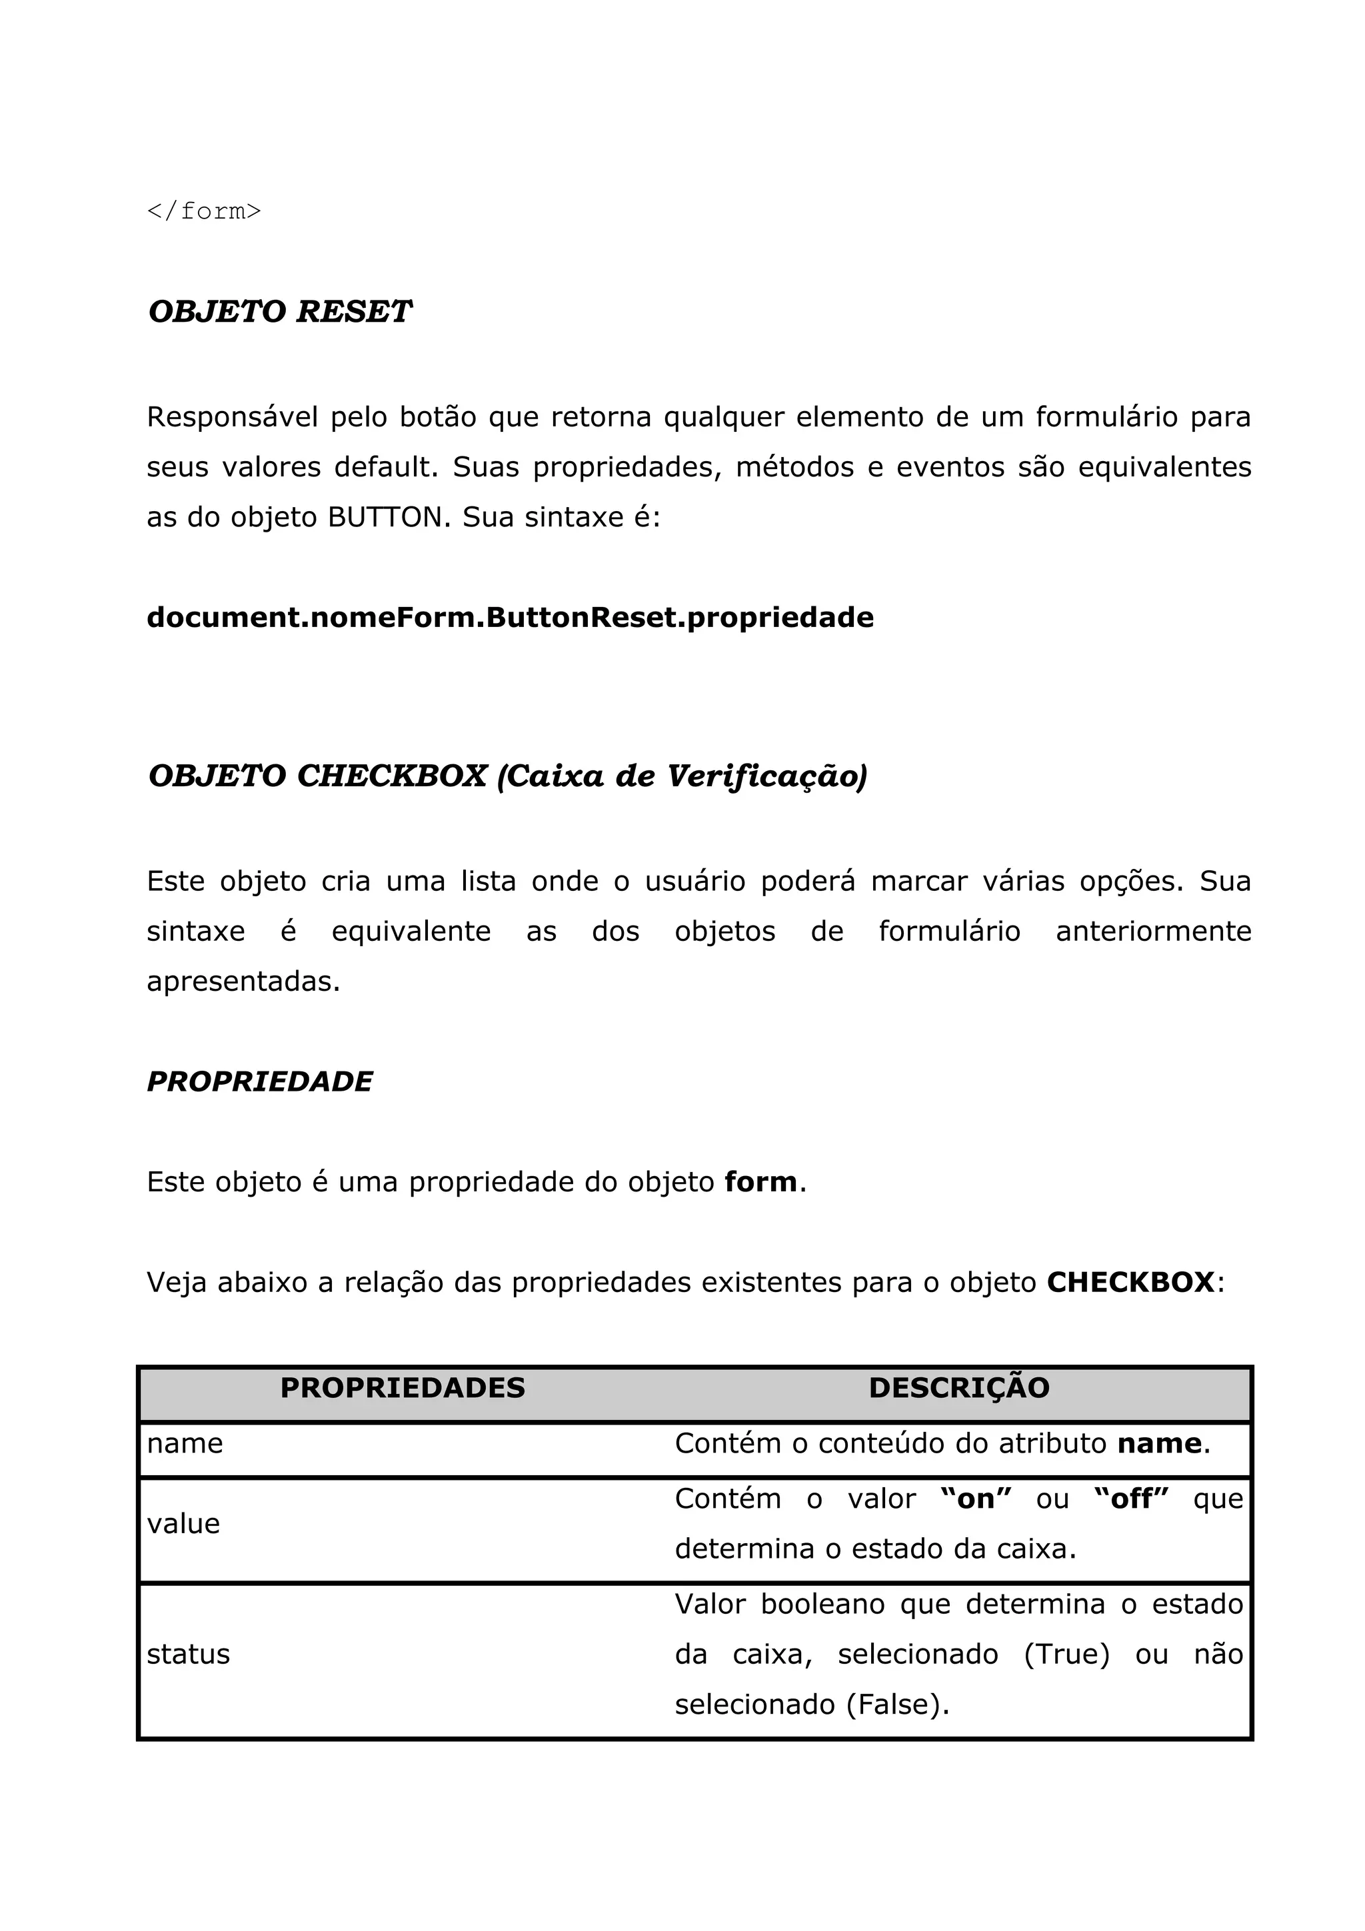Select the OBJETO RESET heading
pyautogui.click(x=279, y=312)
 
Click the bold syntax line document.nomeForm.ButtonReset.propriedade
pyautogui.click(x=510, y=617)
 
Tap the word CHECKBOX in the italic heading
pyautogui.click(x=391, y=776)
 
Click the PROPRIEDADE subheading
pyautogui.click(x=259, y=1081)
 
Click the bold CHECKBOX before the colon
pyautogui.click(x=1130, y=1283)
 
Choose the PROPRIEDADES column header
pyautogui.click(x=402, y=1389)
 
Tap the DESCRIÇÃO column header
pyautogui.click(x=959, y=1389)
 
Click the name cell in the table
pyautogui.click(x=185, y=1443)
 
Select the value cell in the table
pyautogui.click(x=183, y=1523)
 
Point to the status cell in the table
pyautogui.click(x=189, y=1654)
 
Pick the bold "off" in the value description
pyautogui.click(x=1131, y=1499)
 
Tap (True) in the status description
pyautogui.click(x=1066, y=1654)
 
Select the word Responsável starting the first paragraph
pyautogui.click(x=232, y=417)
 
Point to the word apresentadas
pyautogui.click(x=243, y=981)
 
